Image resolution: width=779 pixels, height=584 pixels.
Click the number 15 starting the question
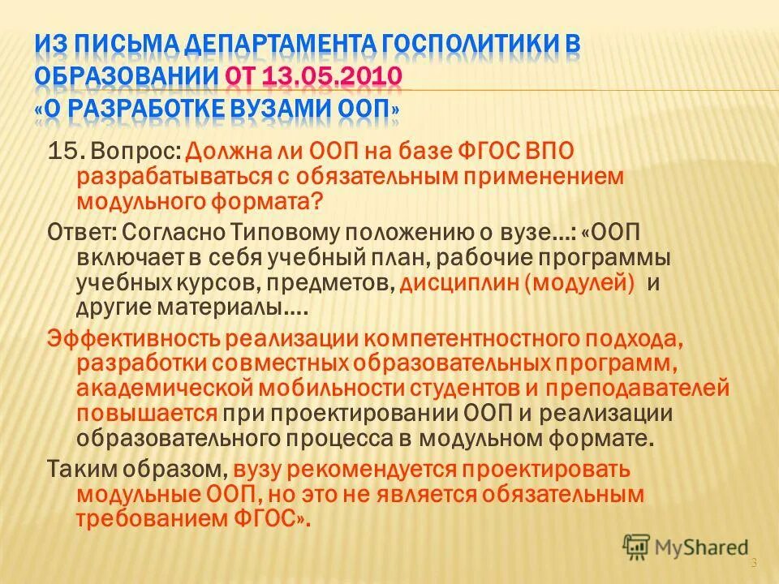point(62,150)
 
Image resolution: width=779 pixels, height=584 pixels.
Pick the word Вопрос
point(135,151)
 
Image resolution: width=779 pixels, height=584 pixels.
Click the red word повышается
point(146,414)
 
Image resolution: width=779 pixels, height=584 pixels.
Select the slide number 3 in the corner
point(754,564)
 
